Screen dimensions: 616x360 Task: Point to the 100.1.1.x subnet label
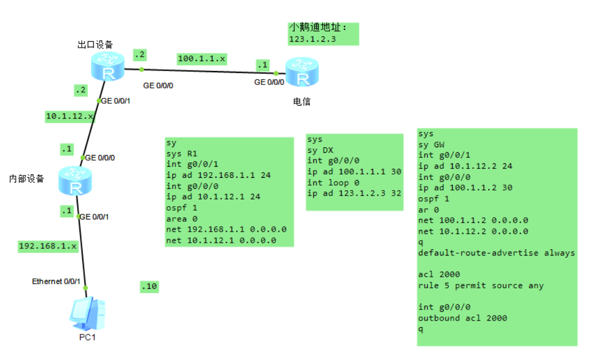[202, 58]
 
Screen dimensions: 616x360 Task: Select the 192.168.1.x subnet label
[48, 246]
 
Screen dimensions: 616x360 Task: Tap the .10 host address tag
[149, 287]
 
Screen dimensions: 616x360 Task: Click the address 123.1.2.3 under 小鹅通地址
[312, 39]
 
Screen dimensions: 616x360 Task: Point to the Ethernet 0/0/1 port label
[56, 282]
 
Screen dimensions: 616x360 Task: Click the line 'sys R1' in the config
[182, 153]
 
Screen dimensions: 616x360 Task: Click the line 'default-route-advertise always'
[496, 253]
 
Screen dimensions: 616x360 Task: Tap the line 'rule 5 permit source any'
[480, 286]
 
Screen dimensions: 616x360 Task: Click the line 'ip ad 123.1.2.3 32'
[354, 193]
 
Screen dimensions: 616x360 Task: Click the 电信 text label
[302, 102]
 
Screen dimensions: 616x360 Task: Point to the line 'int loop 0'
[333, 182]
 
